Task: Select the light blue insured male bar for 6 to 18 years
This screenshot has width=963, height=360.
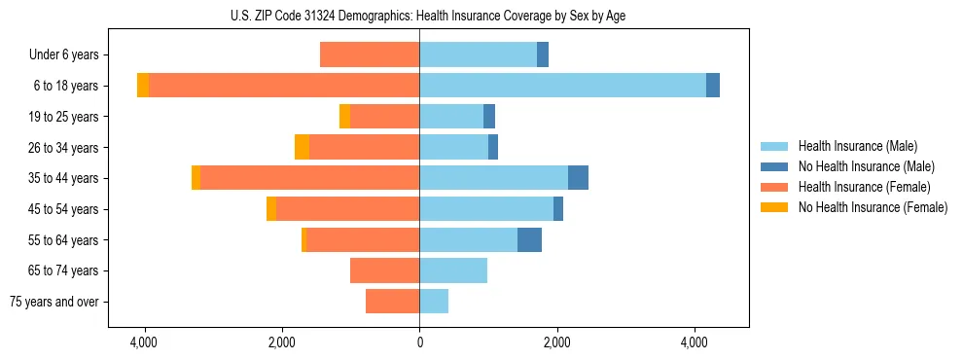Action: tap(562, 86)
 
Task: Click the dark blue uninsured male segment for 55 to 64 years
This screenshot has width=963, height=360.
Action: tap(529, 240)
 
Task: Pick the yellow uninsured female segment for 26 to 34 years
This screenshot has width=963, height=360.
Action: tap(302, 147)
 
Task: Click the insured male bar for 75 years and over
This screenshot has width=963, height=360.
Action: tap(434, 302)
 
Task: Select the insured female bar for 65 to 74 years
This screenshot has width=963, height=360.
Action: tap(384, 270)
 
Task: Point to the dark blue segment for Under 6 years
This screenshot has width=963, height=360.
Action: tap(543, 54)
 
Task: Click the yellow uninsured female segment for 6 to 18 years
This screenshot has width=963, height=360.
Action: tap(143, 86)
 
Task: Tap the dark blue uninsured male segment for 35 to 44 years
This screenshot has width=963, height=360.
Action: tap(578, 178)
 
